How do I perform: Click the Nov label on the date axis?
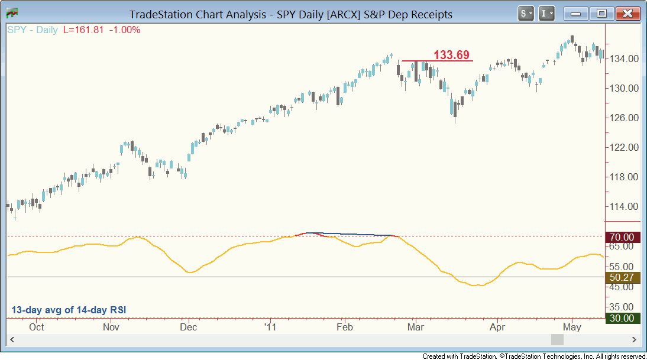click(111, 327)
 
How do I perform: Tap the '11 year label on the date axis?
click(270, 327)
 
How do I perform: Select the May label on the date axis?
click(572, 327)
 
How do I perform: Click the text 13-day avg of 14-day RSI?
click(69, 310)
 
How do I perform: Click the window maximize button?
click(601, 13)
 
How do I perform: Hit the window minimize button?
click(576, 13)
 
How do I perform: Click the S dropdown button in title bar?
click(526, 13)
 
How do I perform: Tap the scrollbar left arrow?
click(11, 340)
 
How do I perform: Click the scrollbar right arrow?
click(634, 340)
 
